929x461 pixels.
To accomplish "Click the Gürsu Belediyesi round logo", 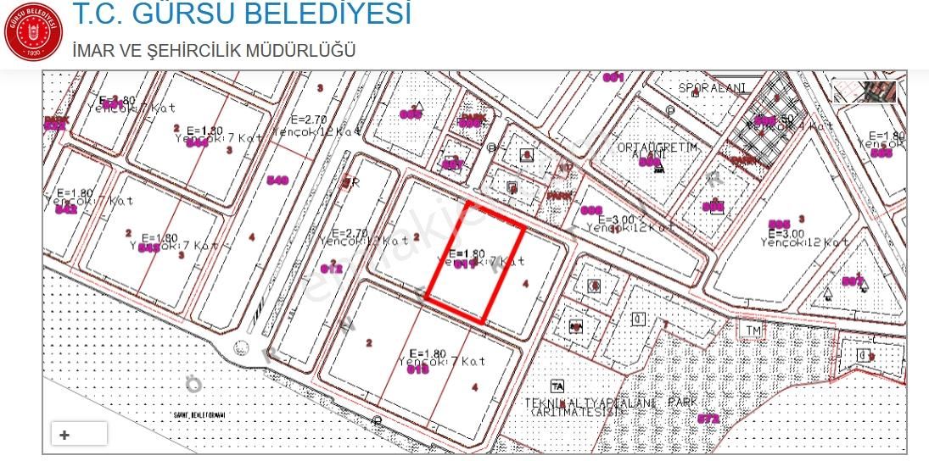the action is click(x=33, y=33).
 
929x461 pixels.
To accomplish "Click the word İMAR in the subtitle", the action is click(x=93, y=51).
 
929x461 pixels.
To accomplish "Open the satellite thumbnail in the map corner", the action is click(x=865, y=91).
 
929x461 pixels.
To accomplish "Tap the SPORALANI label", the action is click(x=712, y=88).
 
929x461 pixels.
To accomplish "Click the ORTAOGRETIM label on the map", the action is click(x=658, y=147).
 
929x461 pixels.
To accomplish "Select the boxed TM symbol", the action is click(x=752, y=330).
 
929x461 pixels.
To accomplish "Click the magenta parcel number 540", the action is click(x=277, y=181).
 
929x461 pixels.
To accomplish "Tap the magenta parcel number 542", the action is click(x=66, y=209).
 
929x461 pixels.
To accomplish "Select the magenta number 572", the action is click(x=708, y=419).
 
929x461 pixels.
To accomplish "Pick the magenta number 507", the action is click(x=853, y=281).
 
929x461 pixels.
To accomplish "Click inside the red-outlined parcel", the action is click(x=473, y=263).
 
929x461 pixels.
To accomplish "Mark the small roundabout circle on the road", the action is click(x=241, y=347).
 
